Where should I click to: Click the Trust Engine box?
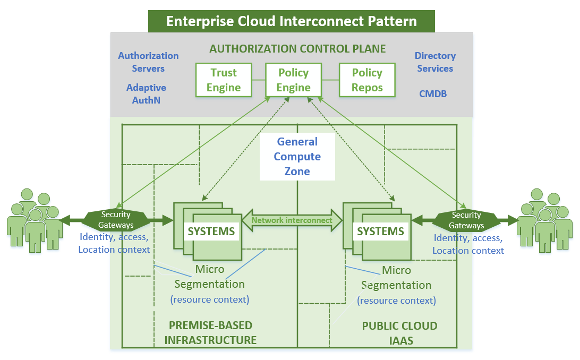[224, 80]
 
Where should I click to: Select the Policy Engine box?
[293, 80]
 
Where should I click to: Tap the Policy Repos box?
[367, 80]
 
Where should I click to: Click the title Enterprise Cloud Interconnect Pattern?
[292, 21]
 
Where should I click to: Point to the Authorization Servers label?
[148, 62]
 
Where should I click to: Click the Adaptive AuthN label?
[146, 94]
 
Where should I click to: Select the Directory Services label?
[435, 62]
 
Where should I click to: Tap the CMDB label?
[433, 94]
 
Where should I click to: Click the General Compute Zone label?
[297, 156]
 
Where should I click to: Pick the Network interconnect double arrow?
[292, 220]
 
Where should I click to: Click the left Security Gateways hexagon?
[116, 220]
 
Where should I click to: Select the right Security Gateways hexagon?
[466, 220]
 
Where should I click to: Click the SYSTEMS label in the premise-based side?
[211, 232]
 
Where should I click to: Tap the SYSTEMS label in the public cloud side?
[380, 232]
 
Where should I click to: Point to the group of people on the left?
[35, 221]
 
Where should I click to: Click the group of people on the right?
[544, 221]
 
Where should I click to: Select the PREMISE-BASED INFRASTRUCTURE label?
[210, 332]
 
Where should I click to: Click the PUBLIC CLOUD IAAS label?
[400, 333]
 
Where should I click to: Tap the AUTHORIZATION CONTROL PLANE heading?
[297, 49]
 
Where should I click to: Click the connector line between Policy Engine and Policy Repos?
[330, 80]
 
